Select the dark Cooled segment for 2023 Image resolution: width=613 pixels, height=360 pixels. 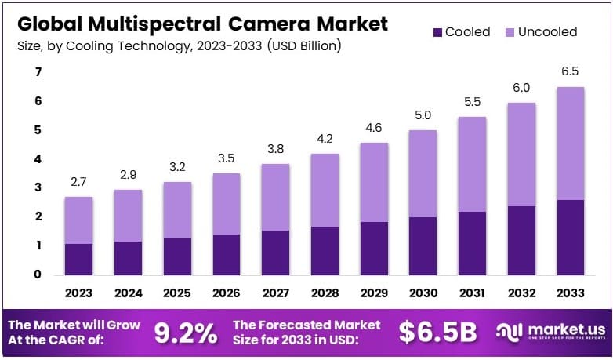79,259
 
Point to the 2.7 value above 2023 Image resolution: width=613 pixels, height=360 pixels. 79,183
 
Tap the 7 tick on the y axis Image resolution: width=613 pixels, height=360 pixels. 37,72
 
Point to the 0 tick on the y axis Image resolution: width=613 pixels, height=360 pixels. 37,275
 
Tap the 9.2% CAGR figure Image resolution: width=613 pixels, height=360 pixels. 185,333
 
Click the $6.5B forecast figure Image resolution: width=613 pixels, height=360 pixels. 437,333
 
